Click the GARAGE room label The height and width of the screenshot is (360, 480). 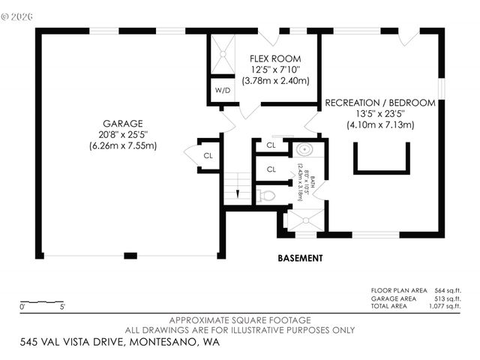[x=123, y=124]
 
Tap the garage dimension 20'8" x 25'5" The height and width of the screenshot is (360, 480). [x=123, y=135]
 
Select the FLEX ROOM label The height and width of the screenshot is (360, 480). [x=275, y=58]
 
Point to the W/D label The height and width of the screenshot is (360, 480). [x=223, y=91]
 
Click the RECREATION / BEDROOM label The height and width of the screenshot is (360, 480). [x=379, y=103]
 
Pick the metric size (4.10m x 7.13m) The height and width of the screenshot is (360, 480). [x=379, y=125]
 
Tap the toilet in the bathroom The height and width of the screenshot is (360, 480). [x=265, y=196]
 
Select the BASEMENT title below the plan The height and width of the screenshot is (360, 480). [x=300, y=258]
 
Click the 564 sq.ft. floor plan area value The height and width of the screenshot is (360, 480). [x=448, y=290]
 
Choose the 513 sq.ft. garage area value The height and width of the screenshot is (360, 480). [x=448, y=298]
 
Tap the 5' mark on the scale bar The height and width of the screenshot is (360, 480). [x=63, y=307]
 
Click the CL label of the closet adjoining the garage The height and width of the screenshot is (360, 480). [x=208, y=156]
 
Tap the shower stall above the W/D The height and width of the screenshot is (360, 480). [x=223, y=55]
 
